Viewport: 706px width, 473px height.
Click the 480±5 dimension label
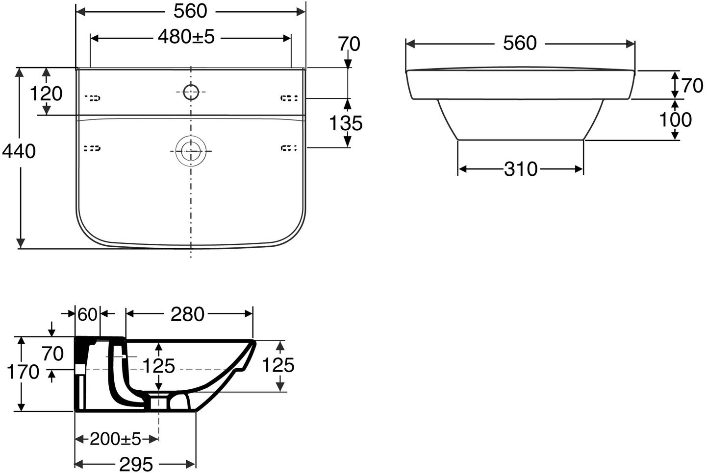(186, 37)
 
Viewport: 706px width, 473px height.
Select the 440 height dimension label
(19, 152)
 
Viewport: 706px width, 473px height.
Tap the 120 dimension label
(46, 94)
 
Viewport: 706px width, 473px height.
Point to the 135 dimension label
(346, 123)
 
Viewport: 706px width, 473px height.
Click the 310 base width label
(521, 169)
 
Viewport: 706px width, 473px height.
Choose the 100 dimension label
(676, 119)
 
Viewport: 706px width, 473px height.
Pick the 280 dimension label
(187, 314)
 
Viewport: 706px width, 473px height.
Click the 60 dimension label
(87, 314)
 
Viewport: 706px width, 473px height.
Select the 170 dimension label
(23, 372)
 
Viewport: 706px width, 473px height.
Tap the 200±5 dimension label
(115, 439)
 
